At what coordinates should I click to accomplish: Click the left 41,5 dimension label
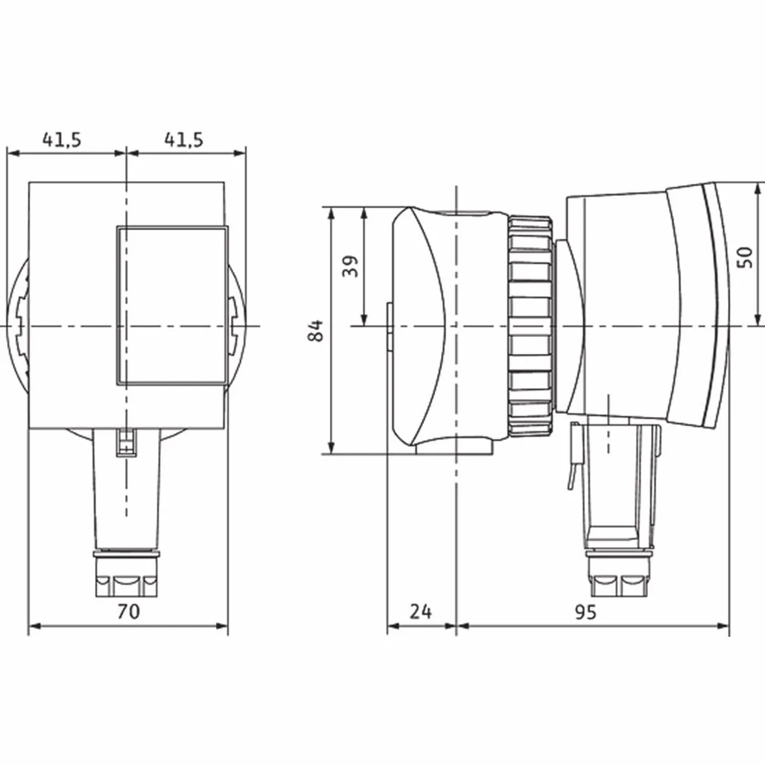pyautogui.click(x=61, y=140)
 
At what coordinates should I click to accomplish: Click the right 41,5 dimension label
pyautogui.click(x=183, y=140)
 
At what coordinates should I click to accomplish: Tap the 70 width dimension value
pyautogui.click(x=128, y=611)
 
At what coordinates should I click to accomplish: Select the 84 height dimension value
pyautogui.click(x=316, y=330)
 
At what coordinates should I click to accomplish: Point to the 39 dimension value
pyautogui.click(x=350, y=266)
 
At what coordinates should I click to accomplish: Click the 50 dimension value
pyautogui.click(x=745, y=257)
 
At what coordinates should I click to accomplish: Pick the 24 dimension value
pyautogui.click(x=420, y=611)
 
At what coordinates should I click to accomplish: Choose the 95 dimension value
pyautogui.click(x=585, y=611)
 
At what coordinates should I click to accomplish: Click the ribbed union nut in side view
pyautogui.click(x=530, y=325)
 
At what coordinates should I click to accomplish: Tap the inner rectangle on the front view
pyautogui.click(x=172, y=305)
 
